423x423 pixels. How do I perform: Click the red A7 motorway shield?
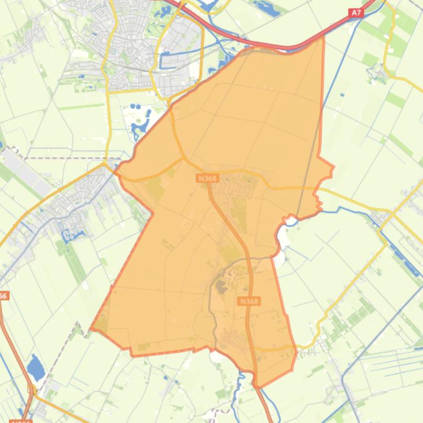tap(356, 12)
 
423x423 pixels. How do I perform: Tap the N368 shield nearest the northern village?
tap(207, 178)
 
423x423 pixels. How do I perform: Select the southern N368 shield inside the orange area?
tap(249, 301)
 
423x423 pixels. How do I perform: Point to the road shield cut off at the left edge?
tap(3, 296)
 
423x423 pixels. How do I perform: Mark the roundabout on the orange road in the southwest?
tap(31, 389)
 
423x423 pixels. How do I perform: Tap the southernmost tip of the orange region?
tap(257, 386)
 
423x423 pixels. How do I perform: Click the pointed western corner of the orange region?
tap(91, 330)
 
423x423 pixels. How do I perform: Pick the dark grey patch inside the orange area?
tap(222, 286)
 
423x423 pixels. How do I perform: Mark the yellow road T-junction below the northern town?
tap(109, 92)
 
